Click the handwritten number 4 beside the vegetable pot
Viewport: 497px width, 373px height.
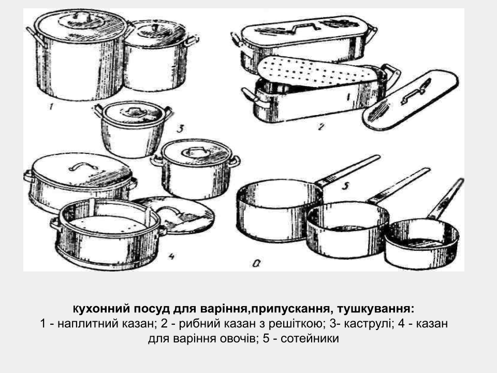coord(171,257)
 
